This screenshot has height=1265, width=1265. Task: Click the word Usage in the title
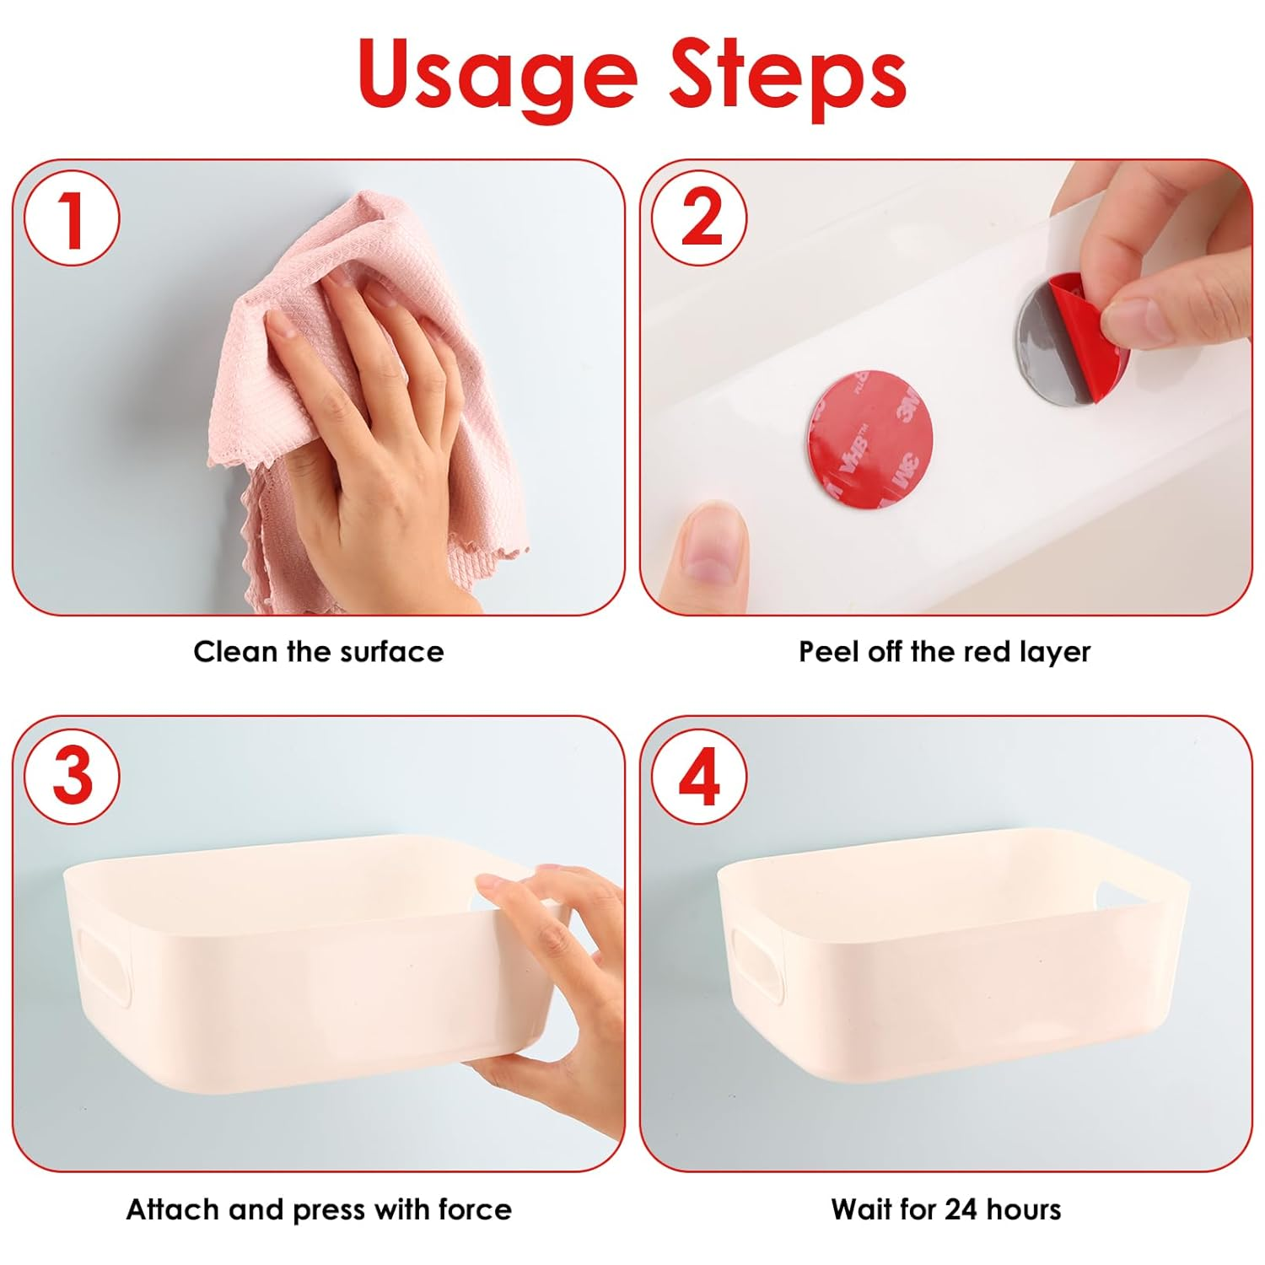coord(498,76)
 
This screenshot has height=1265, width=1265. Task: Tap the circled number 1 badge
coord(72,218)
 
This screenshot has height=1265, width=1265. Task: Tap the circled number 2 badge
coord(699,218)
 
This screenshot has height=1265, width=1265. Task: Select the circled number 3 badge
coord(72,776)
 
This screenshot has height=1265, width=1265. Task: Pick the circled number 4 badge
coord(699,776)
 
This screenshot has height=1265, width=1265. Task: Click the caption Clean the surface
coord(318,652)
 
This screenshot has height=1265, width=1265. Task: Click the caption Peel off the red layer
coord(945,652)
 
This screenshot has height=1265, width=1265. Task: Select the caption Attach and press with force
coord(319,1209)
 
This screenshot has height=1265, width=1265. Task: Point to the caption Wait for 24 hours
coord(945,1209)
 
